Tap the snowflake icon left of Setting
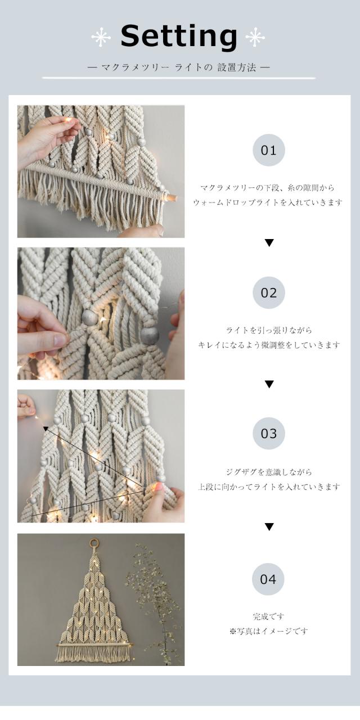[x=101, y=37]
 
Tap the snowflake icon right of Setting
[x=255, y=37]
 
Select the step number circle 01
[x=269, y=150]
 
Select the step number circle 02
[x=269, y=292]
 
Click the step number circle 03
[x=269, y=433]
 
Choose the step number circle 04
[x=268, y=579]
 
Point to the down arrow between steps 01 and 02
[x=269, y=242]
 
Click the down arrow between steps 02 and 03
[x=269, y=384]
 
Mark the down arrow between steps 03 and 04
[x=269, y=526]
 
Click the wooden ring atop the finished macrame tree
[x=94, y=543]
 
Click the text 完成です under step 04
[x=268, y=616]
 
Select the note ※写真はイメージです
[x=268, y=631]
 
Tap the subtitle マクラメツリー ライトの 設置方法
[x=179, y=67]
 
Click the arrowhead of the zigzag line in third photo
[x=46, y=428]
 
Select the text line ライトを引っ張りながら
[x=269, y=330]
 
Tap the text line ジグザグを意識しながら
[x=269, y=472]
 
